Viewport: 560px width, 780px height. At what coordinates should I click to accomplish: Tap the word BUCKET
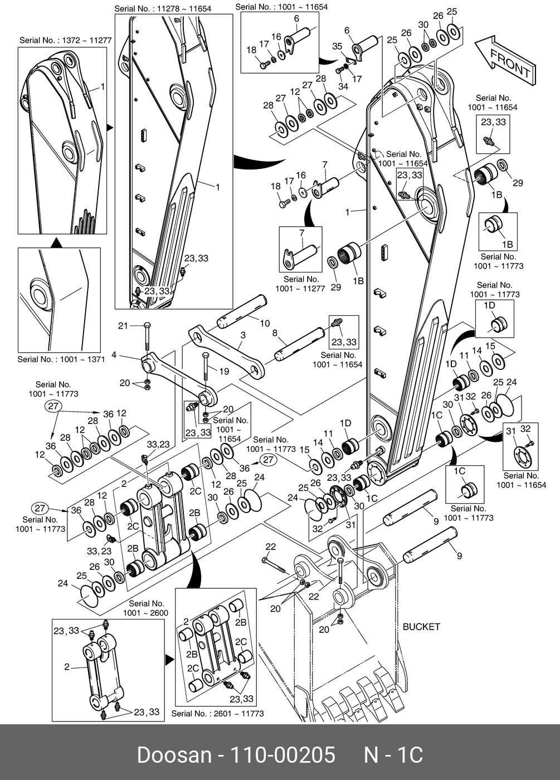coord(421,626)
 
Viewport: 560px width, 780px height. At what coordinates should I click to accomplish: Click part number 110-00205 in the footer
coord(283,755)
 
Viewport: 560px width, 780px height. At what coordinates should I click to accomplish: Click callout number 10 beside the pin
coord(265,323)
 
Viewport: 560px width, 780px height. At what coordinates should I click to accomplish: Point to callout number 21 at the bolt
coord(123,325)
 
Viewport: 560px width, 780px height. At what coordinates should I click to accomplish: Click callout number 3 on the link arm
coord(243,335)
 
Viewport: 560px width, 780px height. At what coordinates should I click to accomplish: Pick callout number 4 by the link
coord(114,354)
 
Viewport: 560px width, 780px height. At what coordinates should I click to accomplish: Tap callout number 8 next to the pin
coord(275,333)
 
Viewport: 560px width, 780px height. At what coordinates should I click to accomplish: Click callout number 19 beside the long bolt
coord(223,371)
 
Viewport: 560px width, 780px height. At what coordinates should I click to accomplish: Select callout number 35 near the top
coord(337,46)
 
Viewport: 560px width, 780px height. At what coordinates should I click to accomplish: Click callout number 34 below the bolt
coord(343,86)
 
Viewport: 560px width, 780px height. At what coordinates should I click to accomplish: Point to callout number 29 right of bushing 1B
coord(518,183)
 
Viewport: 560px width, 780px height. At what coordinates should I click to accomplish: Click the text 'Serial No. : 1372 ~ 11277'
coord(66,40)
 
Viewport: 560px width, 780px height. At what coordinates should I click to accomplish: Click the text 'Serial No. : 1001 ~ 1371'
coord(61,359)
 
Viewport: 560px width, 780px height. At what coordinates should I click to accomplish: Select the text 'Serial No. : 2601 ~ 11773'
coord(217,713)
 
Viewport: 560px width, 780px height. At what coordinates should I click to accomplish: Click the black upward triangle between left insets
coord(56,242)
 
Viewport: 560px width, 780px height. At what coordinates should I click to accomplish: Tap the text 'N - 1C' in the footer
coord(393,755)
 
